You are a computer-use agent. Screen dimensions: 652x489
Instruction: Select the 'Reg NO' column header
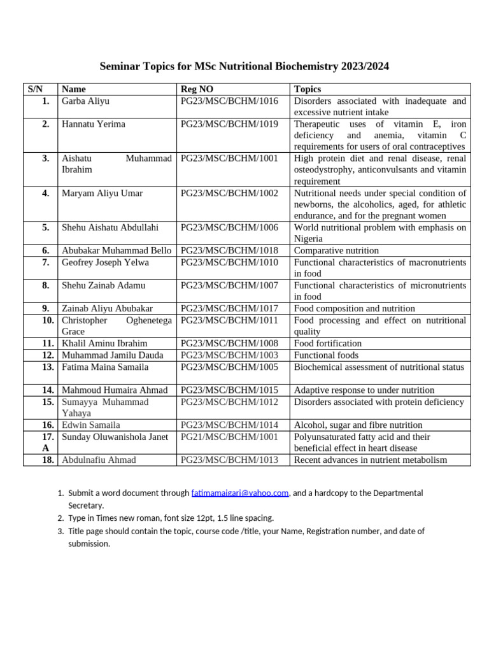(x=197, y=89)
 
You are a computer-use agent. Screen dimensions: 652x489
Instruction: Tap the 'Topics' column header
(x=308, y=89)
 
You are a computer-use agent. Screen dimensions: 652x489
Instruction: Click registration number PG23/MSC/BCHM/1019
(x=229, y=124)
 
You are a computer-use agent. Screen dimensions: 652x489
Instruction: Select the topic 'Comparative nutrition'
(x=336, y=251)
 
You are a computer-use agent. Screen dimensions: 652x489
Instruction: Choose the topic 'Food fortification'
(x=328, y=343)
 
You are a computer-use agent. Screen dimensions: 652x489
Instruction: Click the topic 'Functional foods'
(x=326, y=355)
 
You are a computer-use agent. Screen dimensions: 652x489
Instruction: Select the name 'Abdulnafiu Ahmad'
(x=99, y=460)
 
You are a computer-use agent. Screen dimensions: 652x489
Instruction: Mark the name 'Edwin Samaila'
(x=90, y=425)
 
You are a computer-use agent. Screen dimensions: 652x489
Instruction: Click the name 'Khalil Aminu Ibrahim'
(x=104, y=343)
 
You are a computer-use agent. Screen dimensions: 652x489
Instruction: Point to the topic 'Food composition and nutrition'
(x=354, y=308)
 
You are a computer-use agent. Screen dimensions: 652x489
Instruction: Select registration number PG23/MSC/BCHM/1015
(x=229, y=390)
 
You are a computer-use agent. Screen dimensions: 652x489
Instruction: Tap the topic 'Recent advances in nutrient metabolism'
(x=371, y=460)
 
